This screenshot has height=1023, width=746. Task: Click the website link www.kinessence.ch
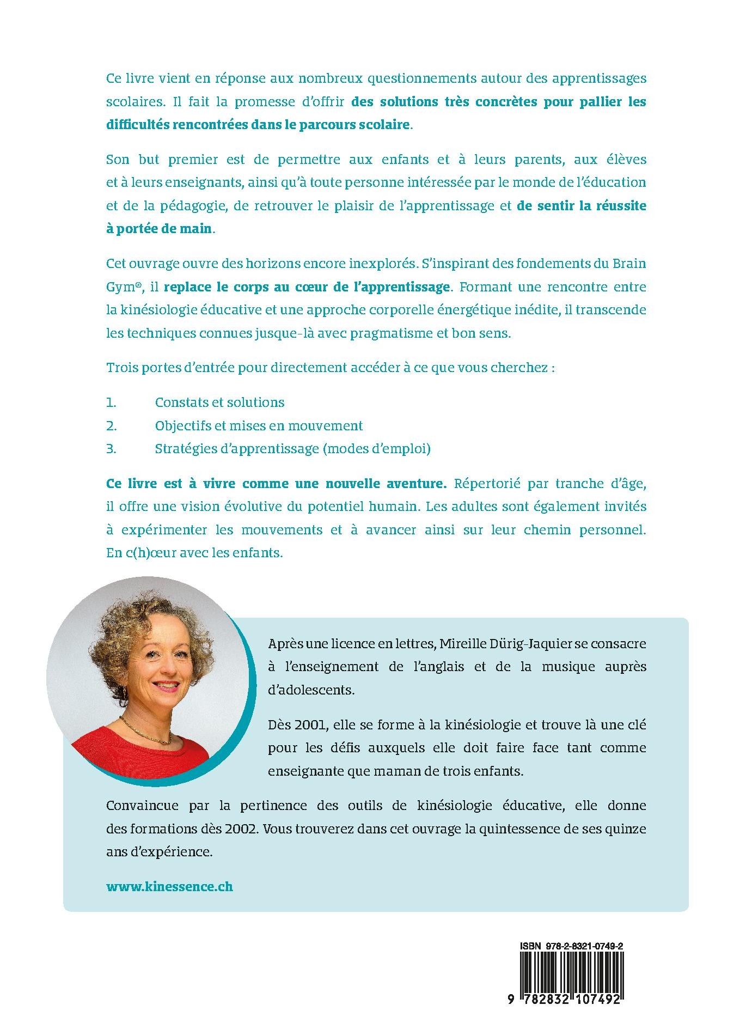pyautogui.click(x=169, y=886)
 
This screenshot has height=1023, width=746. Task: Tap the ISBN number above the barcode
pyautogui.click(x=571, y=947)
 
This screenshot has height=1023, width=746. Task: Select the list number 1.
pyautogui.click(x=111, y=403)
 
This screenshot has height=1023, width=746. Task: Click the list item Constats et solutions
pyautogui.click(x=219, y=403)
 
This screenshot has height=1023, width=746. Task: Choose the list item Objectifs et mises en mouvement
pyautogui.click(x=259, y=425)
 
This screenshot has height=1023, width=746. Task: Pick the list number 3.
pyautogui.click(x=111, y=449)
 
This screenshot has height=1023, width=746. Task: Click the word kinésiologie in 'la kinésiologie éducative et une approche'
pyautogui.click(x=161, y=310)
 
